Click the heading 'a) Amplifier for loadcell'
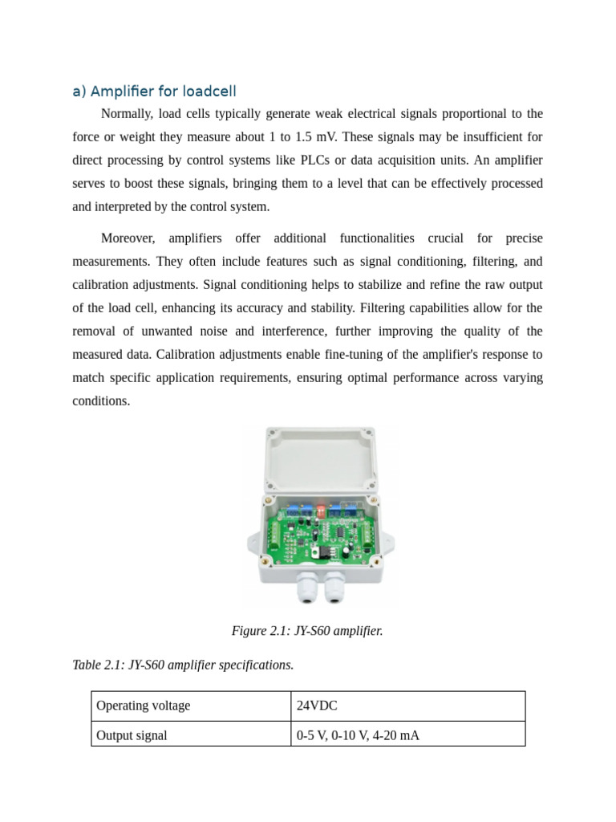pos(154,91)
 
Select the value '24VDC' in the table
pos(317,706)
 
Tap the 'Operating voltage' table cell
pos(143,706)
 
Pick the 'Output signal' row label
pos(132,735)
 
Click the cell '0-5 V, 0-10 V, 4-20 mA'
pos(358,735)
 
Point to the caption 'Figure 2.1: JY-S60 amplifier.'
pos(307,631)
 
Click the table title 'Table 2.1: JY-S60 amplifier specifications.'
pos(183,665)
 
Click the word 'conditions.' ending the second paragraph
pos(101,401)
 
